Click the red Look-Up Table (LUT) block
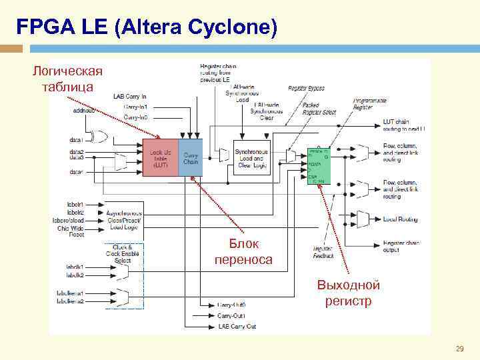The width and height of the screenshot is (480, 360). tap(161, 158)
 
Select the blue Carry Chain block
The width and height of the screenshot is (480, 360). tap(191, 158)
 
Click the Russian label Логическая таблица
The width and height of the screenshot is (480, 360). tap(68, 79)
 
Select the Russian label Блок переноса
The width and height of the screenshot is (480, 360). tap(243, 252)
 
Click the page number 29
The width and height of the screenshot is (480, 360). tap(459, 349)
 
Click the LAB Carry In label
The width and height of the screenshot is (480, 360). tap(129, 97)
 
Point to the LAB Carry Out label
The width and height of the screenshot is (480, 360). tap(237, 327)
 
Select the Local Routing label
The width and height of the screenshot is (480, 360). tap(400, 219)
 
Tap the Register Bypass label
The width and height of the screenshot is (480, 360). tap(306, 88)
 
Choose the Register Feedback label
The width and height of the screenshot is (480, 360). tap(323, 252)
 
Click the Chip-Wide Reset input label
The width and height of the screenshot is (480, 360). tap(71, 231)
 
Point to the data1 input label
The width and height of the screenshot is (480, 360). tap(76, 140)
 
